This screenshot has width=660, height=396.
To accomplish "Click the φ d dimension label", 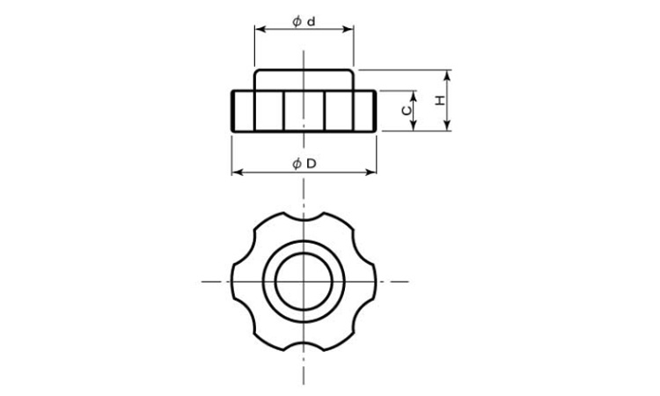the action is pyautogui.click(x=304, y=21).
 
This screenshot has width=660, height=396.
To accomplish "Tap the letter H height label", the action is pyautogui.click(x=440, y=100).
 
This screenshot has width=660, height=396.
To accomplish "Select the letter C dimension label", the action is pyautogui.click(x=407, y=110).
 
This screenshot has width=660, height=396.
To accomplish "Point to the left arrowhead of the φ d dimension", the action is pyautogui.click(x=260, y=29).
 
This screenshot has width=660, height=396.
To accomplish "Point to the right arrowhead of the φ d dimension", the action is pyautogui.click(x=348, y=29).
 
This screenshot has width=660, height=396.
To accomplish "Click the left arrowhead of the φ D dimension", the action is pyautogui.click(x=237, y=172).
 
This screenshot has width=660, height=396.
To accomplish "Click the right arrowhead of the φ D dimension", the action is pyautogui.click(x=370, y=172).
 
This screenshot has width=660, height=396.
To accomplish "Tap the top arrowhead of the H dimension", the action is pyautogui.click(x=447, y=76).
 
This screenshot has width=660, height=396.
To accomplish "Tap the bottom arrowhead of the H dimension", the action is pyautogui.click(x=447, y=126).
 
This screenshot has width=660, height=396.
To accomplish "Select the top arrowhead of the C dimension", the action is pyautogui.click(x=414, y=97).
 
